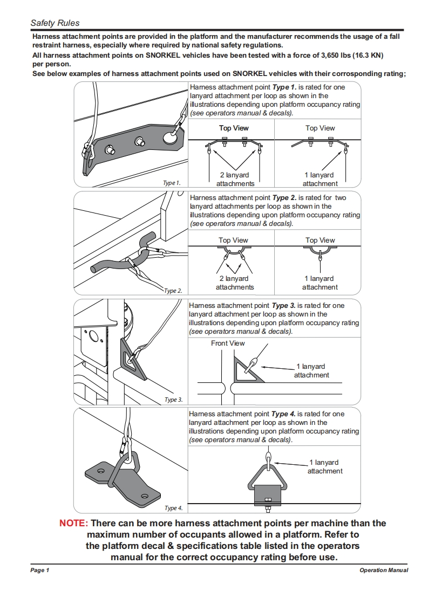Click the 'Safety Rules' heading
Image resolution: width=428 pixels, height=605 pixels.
(55, 23)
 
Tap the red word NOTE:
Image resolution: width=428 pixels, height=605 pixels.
(73, 523)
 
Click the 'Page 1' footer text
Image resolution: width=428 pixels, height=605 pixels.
(40, 570)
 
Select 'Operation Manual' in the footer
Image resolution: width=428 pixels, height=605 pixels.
(384, 570)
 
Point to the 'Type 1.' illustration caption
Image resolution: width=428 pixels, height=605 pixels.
(172, 183)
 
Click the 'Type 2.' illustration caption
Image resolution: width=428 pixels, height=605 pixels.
(173, 291)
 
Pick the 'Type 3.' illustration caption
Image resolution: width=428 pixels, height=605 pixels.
(173, 400)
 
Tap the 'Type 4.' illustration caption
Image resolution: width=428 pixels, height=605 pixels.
(173, 508)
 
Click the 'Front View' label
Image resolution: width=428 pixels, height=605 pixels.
(228, 343)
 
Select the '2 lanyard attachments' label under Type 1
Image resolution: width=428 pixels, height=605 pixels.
(235, 179)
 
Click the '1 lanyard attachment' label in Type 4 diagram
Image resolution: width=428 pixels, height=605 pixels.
(324, 467)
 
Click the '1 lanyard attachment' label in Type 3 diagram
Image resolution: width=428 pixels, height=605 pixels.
(311, 370)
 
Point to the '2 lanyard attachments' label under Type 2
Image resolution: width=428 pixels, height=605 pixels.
(235, 283)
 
